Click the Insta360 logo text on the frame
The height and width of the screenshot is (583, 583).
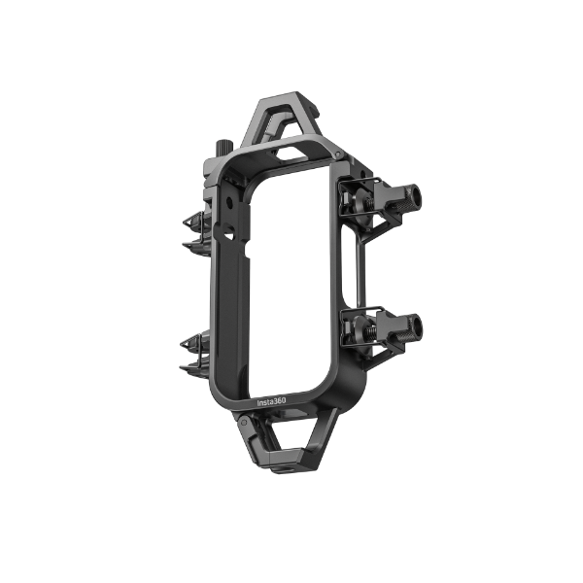[272, 402]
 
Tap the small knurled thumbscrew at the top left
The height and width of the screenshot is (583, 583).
[223, 149]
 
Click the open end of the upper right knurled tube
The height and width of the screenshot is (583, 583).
[414, 194]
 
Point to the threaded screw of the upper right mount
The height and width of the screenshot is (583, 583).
[370, 203]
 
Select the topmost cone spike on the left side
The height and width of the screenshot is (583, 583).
[193, 222]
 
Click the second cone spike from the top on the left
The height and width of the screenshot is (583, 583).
[193, 246]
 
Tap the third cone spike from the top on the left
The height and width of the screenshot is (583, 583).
[191, 343]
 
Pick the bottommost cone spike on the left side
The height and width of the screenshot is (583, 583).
[190, 368]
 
